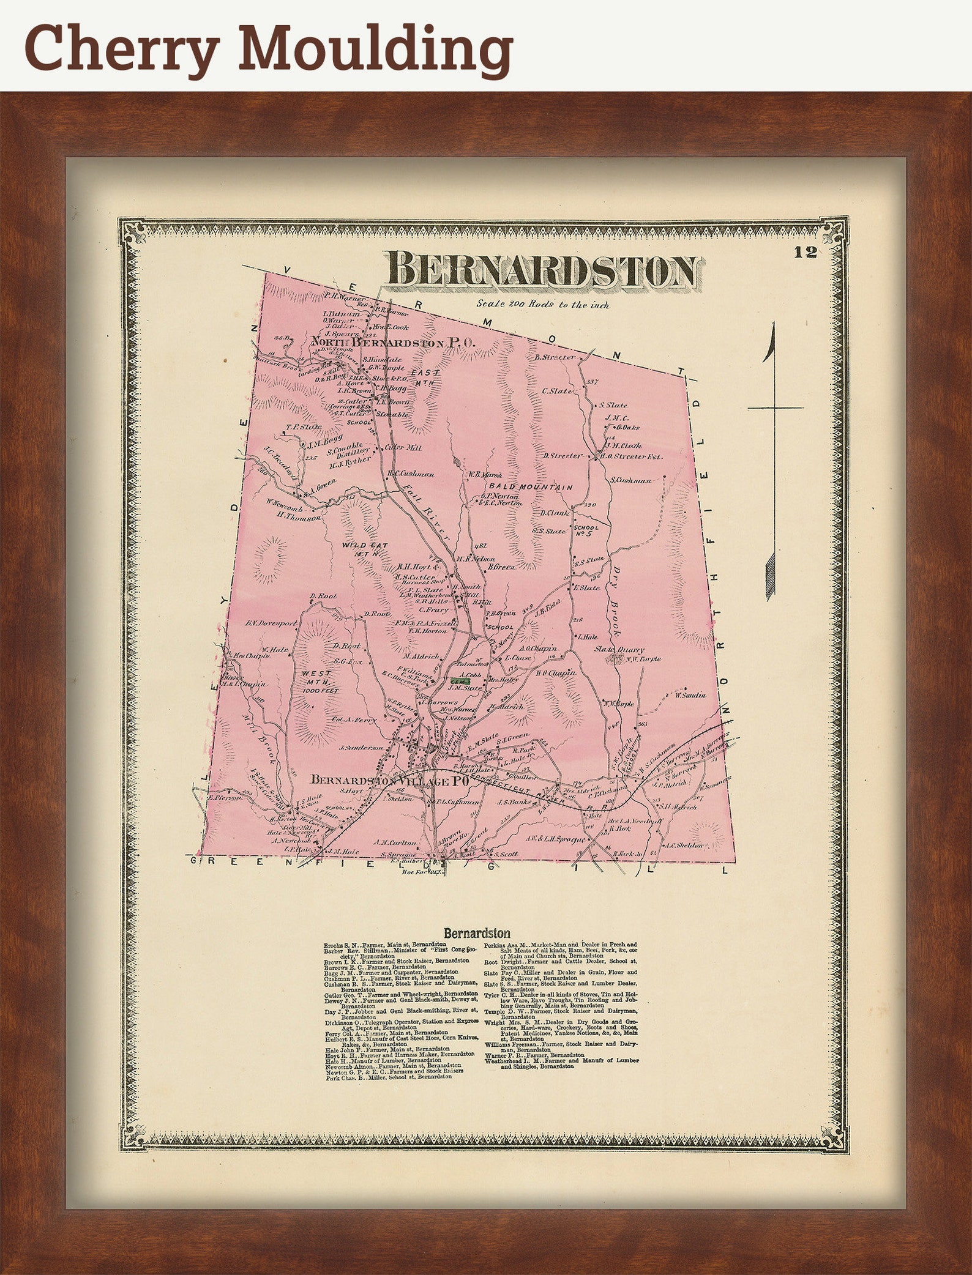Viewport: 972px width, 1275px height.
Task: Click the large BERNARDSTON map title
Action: point(542,270)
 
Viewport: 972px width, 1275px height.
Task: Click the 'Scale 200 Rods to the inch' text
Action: point(543,304)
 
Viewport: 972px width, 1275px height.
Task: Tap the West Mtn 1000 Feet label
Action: point(317,681)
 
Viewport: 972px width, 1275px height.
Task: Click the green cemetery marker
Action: point(460,680)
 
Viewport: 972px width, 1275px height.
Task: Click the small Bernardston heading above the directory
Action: point(477,934)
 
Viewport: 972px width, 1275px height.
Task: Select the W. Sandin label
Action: point(690,695)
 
